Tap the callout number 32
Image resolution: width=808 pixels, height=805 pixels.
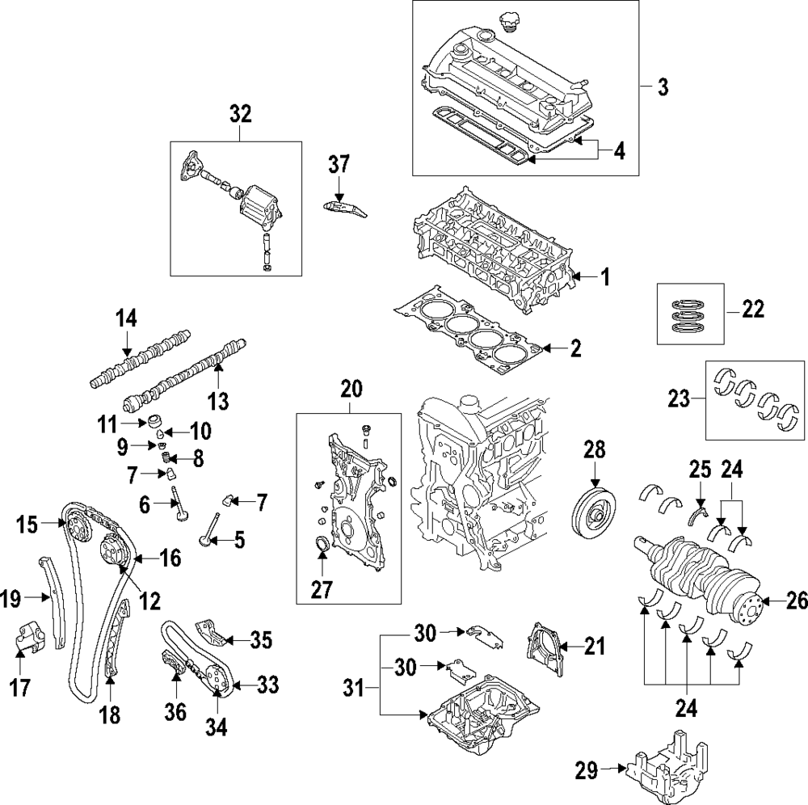pos(240,114)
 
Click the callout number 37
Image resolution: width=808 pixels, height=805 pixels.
pos(339,164)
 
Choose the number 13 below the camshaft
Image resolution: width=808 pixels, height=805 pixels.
pos(218,398)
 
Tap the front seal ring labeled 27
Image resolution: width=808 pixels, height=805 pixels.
pos(322,544)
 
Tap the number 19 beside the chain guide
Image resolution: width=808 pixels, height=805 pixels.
pos(11,599)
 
